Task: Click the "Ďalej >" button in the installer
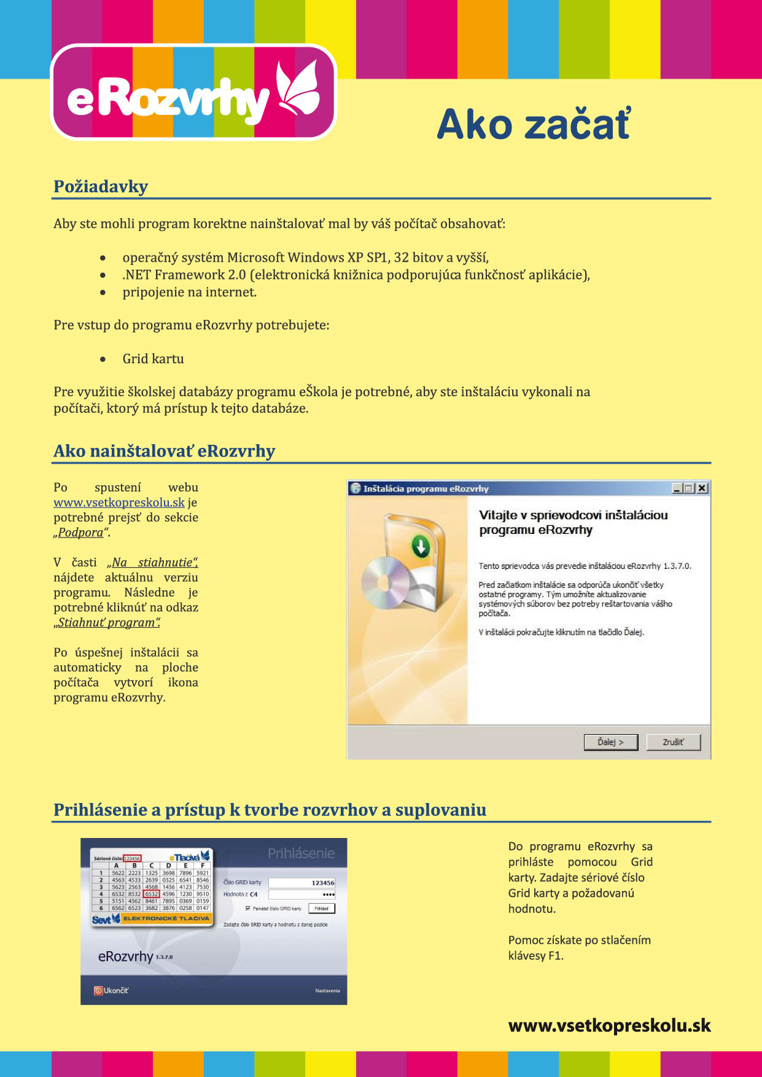click(x=610, y=742)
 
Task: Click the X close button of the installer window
click(x=702, y=488)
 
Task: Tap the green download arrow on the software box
click(x=421, y=545)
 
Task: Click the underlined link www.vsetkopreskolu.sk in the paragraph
click(x=119, y=503)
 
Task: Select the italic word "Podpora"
click(x=80, y=533)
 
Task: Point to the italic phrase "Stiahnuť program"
click(x=107, y=623)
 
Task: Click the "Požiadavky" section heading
click(x=101, y=187)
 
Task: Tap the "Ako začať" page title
click(x=533, y=125)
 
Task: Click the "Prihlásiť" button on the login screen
click(x=321, y=908)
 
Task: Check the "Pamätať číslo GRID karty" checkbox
click(x=247, y=908)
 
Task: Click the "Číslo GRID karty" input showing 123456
click(x=302, y=883)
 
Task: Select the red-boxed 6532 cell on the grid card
click(x=151, y=894)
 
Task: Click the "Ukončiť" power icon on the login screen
click(x=98, y=990)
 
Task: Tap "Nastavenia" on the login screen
click(x=327, y=990)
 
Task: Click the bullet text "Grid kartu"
click(x=153, y=359)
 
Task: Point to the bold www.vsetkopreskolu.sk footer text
click(x=609, y=1025)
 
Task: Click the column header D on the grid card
click(x=168, y=866)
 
